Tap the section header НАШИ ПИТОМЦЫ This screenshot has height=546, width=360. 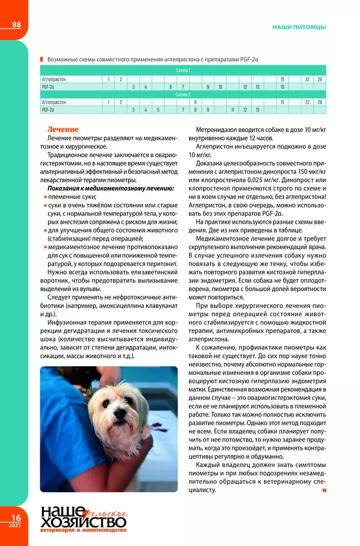(299, 26)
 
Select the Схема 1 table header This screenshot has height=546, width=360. (183, 70)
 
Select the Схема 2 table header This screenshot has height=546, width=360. (183, 94)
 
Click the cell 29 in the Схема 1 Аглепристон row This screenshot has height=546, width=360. (319, 79)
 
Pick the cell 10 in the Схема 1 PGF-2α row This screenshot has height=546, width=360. (220, 86)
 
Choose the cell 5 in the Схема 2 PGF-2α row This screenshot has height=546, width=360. (158, 110)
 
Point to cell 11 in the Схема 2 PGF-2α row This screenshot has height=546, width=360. (233, 110)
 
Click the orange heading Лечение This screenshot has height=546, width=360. (63, 129)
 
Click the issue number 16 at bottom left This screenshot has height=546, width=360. (15, 518)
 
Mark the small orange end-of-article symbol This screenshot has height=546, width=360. (325, 490)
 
